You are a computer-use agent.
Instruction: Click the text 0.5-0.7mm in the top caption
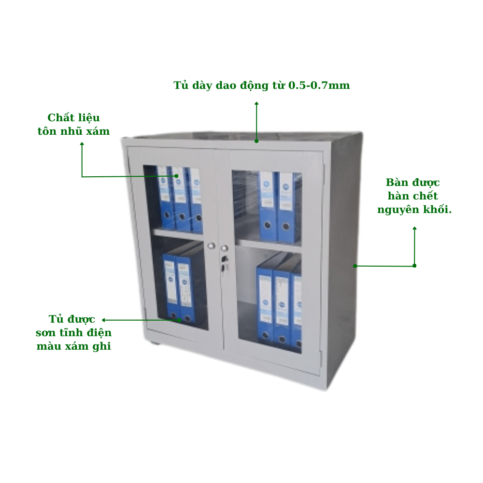pos(319,85)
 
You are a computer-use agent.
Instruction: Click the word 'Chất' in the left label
pos(60,118)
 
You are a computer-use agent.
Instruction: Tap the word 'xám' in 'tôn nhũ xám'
pos(98,131)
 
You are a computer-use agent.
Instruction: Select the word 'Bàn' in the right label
pos(396,183)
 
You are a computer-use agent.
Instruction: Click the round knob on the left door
pos(212,246)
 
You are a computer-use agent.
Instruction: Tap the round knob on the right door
pos(225,248)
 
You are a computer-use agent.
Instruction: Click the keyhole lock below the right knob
pos(225,259)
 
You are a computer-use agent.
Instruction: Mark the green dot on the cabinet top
pos(256,141)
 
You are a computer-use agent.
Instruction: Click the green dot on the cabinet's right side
pos(355,266)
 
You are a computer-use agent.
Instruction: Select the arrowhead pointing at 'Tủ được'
pos(103,320)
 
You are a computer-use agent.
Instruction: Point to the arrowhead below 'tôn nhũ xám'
pos(82,143)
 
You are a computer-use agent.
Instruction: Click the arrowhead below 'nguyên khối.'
pos(414,228)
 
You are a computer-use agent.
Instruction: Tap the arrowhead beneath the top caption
pos(256,103)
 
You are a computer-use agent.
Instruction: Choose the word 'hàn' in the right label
pos(398,196)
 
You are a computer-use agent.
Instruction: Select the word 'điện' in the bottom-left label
pos(99,332)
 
